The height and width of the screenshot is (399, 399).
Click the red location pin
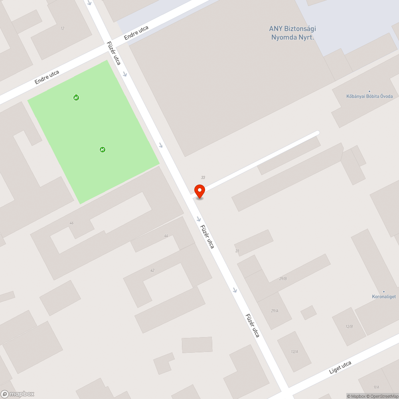(x=199, y=191)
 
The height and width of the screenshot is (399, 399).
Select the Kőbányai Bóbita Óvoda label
(x=369, y=96)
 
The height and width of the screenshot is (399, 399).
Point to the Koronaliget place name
(x=384, y=297)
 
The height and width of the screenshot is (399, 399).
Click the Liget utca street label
(x=340, y=367)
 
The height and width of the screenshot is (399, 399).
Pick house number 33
(x=203, y=178)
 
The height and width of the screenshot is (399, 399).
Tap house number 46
(x=71, y=223)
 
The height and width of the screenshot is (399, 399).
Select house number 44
(x=166, y=236)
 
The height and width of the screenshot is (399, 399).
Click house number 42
(x=152, y=270)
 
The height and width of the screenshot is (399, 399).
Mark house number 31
(x=237, y=251)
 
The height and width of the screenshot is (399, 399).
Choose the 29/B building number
(x=283, y=279)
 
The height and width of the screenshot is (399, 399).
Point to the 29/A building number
(x=275, y=310)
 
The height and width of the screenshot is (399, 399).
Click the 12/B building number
(x=349, y=326)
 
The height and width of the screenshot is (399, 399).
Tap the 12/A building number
(x=294, y=352)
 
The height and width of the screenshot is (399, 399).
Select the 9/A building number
(x=376, y=387)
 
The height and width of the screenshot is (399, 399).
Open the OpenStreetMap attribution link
(x=383, y=396)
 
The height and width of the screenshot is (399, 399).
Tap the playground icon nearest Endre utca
(x=76, y=97)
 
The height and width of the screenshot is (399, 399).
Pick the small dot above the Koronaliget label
(x=384, y=292)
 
